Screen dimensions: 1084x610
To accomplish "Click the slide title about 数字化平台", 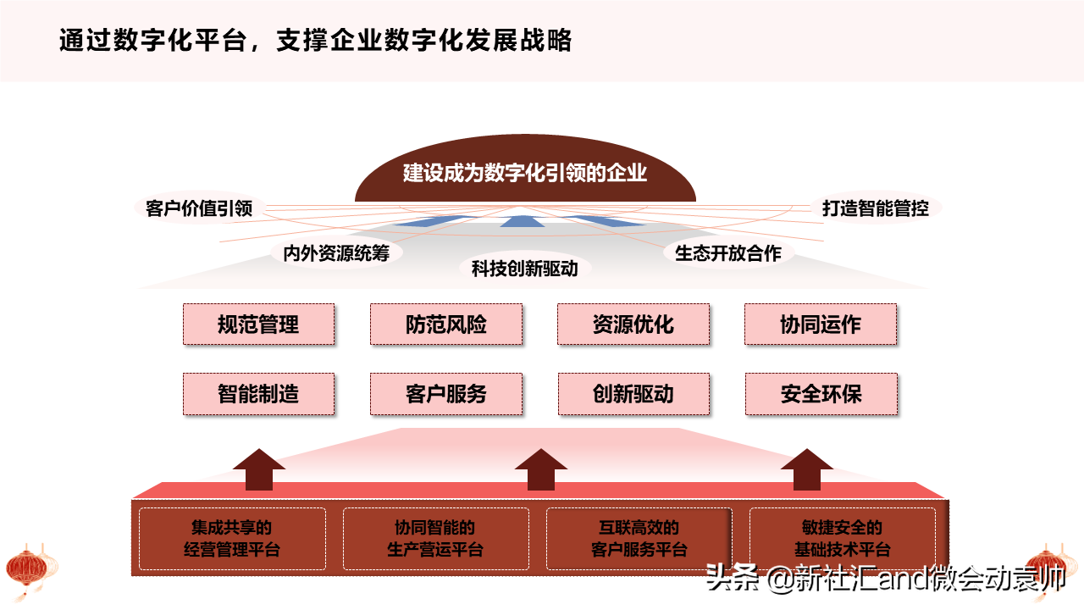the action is coord(316,40).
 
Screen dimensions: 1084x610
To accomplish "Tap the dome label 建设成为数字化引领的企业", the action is coord(525,173).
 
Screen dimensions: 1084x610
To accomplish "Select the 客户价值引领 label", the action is coord(199,208).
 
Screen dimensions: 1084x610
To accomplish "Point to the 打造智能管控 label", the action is coord(876,208).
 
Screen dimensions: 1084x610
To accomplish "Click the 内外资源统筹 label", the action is coord(336,253).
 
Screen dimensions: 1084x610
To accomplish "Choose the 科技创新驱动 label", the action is coord(525,269).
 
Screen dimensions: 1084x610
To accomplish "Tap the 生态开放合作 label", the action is coord(728,253).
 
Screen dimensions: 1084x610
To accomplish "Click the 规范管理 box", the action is coord(258,324).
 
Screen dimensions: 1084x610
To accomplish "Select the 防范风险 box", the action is coord(446,324).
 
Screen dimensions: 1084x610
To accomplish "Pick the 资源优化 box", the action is coord(633,324).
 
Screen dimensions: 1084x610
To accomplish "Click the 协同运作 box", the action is coord(821,324).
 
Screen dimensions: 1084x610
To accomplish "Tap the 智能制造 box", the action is coord(258,394).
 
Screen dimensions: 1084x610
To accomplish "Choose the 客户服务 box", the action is coord(446,394).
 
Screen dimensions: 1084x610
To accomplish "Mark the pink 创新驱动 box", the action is coord(634,394).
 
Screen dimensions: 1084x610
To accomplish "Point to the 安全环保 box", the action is coord(821,394).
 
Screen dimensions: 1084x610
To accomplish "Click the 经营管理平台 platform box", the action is coord(232,539).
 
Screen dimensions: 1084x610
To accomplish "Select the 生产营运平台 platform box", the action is coord(436,539).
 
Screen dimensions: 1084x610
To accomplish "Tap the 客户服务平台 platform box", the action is coord(639,539).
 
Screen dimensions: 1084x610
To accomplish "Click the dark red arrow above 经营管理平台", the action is coord(259,469).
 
